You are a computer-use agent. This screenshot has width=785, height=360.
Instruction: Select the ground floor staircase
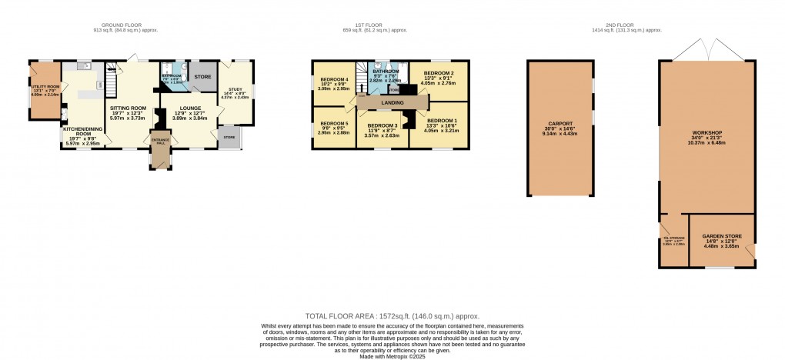[112, 78]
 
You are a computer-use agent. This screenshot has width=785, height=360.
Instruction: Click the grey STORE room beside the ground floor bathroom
[202, 77]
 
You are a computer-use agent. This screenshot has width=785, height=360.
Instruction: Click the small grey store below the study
[229, 138]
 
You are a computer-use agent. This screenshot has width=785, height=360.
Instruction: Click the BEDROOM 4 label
[334, 80]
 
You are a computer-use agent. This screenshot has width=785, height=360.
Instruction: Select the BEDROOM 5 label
[334, 124]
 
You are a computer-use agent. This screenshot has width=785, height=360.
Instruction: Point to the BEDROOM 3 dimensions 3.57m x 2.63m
[382, 135]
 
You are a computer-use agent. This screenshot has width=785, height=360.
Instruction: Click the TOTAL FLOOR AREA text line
[392, 316]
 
